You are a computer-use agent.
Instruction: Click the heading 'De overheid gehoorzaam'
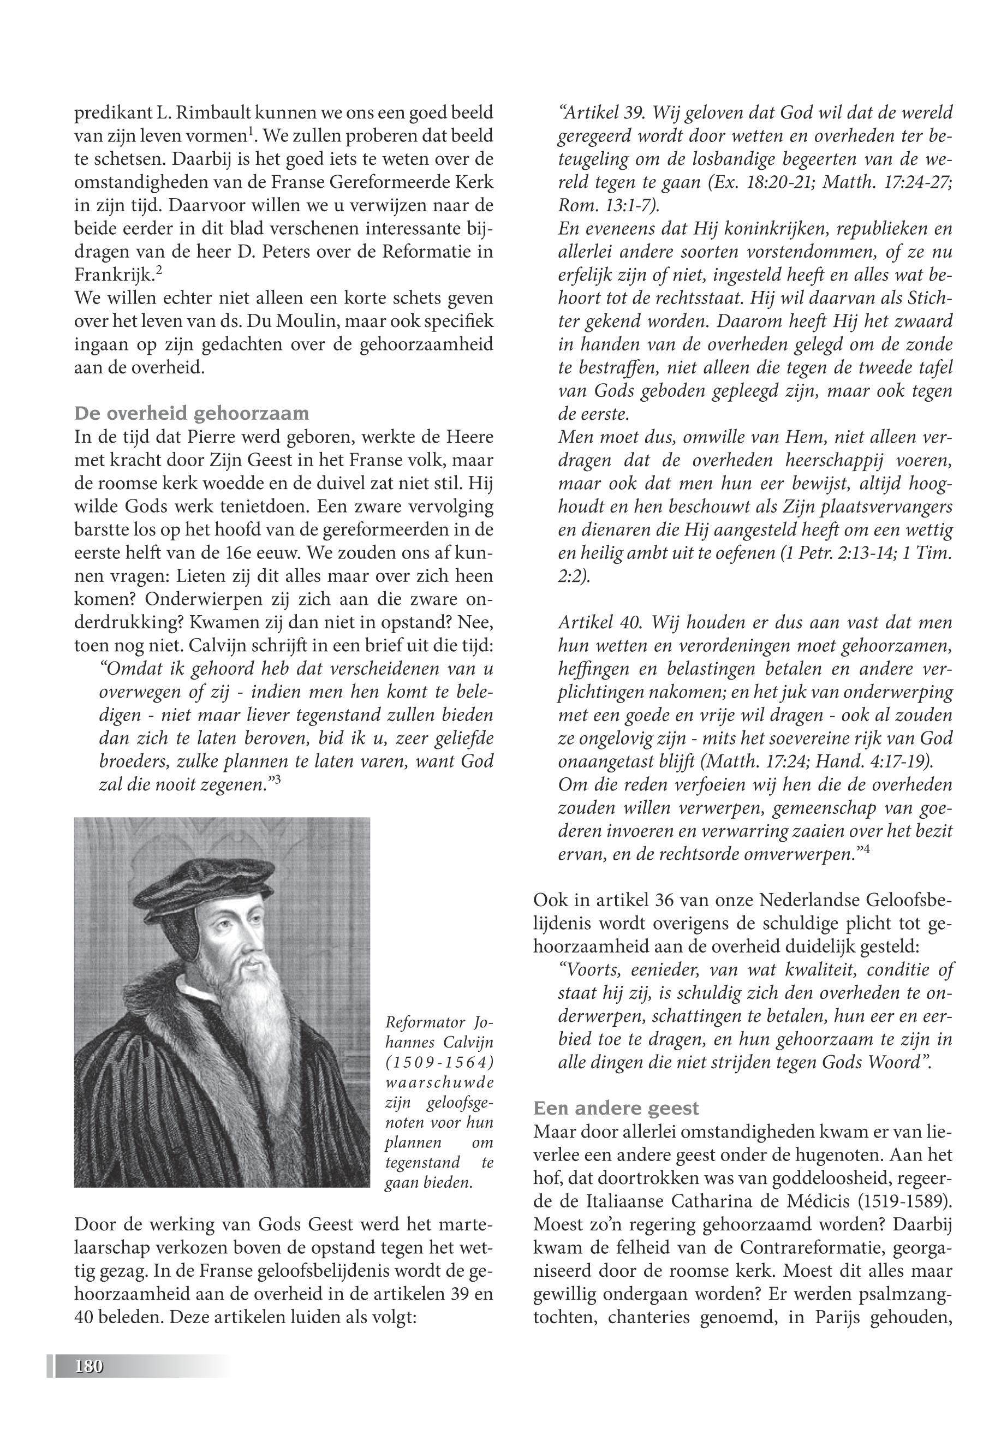point(192,414)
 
